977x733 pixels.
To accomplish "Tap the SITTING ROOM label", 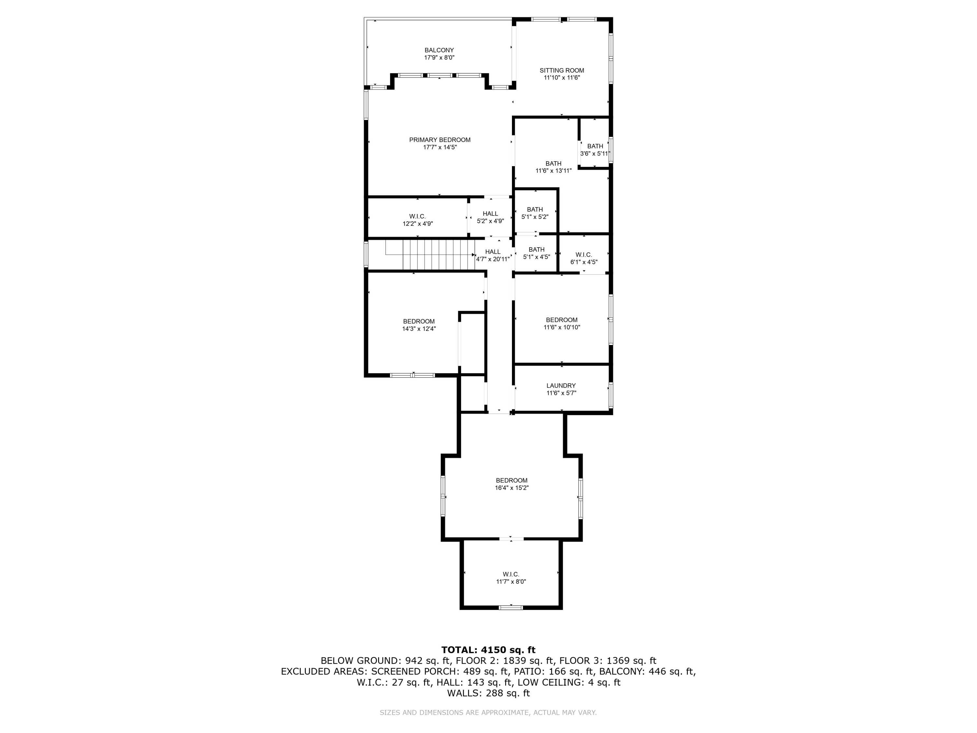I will (561, 70).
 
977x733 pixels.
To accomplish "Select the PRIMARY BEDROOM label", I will (439, 140).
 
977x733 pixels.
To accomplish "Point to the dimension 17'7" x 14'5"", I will (439, 147).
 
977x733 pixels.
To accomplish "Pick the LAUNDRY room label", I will (561, 385).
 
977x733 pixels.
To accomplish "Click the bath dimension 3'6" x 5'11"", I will (594, 154).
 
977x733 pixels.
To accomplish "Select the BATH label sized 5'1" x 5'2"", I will (534, 209).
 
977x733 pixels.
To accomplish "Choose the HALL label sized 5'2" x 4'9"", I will (490, 213).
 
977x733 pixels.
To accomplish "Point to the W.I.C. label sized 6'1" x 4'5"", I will (584, 254).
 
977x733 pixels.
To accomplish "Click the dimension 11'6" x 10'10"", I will (561, 327).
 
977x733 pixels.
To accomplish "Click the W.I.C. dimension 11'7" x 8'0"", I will (511, 582).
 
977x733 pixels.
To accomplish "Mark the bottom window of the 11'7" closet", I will (511, 608).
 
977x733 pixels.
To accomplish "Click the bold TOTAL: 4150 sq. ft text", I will (488, 650).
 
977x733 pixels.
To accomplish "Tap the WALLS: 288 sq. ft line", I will (488, 693).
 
